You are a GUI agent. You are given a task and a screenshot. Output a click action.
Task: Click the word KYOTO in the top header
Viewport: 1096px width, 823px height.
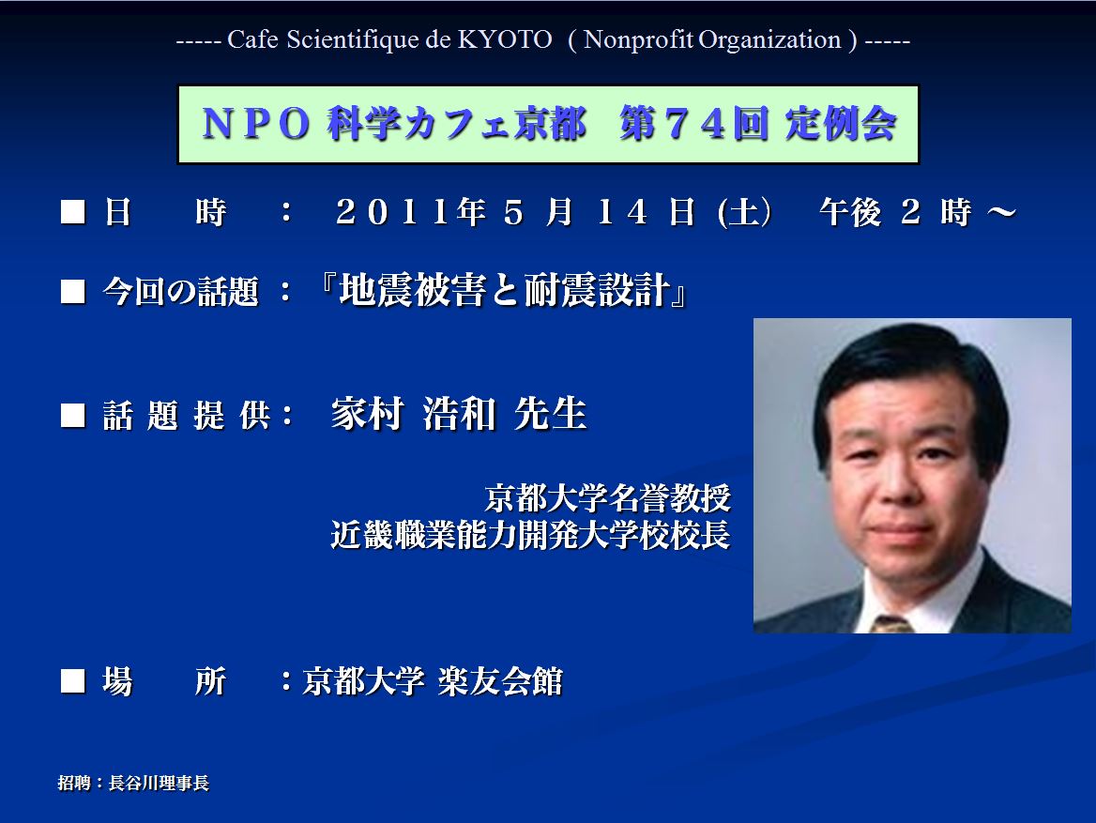point(505,39)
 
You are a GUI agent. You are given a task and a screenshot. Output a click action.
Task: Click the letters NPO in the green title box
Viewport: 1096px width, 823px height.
point(256,124)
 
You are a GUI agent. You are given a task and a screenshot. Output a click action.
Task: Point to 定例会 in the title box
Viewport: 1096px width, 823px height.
point(841,124)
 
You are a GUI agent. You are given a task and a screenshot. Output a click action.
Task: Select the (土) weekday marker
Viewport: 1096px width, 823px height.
point(745,212)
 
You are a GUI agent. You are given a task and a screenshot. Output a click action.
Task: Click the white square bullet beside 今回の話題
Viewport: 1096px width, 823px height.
point(72,291)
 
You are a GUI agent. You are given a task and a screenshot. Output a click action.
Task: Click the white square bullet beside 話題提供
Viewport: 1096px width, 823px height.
point(72,415)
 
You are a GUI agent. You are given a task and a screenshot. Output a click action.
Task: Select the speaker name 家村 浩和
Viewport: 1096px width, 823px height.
point(413,413)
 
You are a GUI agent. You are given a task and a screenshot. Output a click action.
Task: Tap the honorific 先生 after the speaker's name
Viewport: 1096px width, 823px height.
point(550,413)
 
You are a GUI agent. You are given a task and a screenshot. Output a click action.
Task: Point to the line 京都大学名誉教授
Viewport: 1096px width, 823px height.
point(607,498)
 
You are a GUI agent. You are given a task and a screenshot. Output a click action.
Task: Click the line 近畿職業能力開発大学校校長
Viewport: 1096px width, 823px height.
point(530,535)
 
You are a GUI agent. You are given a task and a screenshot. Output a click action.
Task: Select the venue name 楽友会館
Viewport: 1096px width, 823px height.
point(500,680)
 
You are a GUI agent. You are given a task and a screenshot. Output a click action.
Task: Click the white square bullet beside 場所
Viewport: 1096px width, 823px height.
point(72,680)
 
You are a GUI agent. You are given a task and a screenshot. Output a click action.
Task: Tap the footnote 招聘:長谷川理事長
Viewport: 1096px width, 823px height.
point(133,783)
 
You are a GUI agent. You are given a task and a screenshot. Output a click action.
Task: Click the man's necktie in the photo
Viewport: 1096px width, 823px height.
point(891,624)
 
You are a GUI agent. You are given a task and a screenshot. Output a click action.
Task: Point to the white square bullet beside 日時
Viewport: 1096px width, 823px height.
point(72,212)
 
